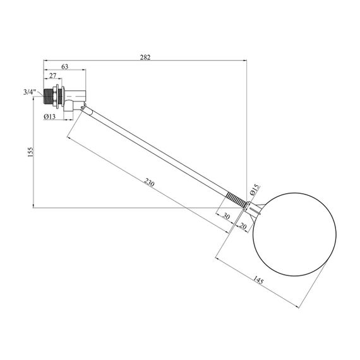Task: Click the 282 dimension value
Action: click(x=145, y=57)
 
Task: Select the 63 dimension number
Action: click(x=65, y=66)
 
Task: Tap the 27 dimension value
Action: click(x=53, y=76)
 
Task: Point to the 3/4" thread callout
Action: click(x=30, y=92)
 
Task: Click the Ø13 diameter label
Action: click(x=50, y=117)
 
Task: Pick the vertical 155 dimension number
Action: click(x=30, y=152)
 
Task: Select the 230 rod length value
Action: click(x=149, y=182)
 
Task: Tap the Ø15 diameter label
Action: click(x=255, y=189)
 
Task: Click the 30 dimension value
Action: click(x=226, y=216)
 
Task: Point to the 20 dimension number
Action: click(x=243, y=226)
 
